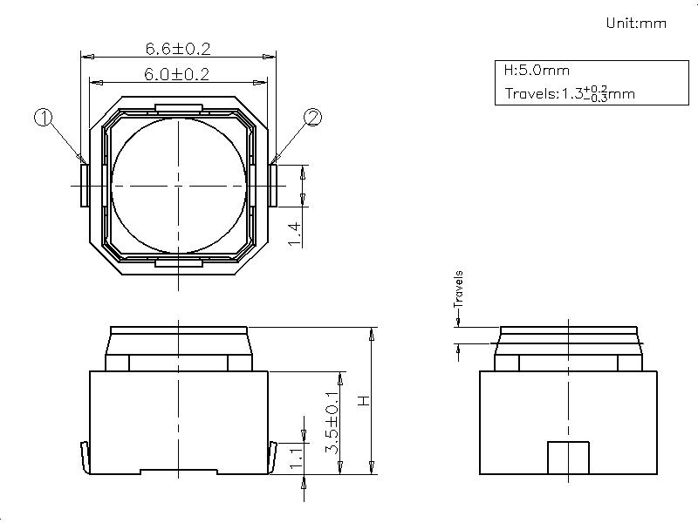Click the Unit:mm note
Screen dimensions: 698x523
pyautogui.click(x=636, y=23)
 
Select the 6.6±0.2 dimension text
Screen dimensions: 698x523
pyautogui.click(x=178, y=49)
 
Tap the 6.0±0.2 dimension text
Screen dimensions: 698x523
pyautogui.click(x=176, y=74)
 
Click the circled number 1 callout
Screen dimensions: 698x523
pyautogui.click(x=43, y=118)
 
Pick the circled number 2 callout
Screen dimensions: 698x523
pyautogui.click(x=312, y=118)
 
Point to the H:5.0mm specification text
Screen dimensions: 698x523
pyautogui.click(x=537, y=71)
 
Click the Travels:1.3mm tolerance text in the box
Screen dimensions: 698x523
pyautogui.click(x=570, y=93)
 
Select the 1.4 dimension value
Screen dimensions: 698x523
pyautogui.click(x=295, y=234)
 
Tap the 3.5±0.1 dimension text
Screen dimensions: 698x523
pyautogui.click(x=332, y=423)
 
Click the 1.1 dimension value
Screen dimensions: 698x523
pyautogui.click(x=297, y=459)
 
